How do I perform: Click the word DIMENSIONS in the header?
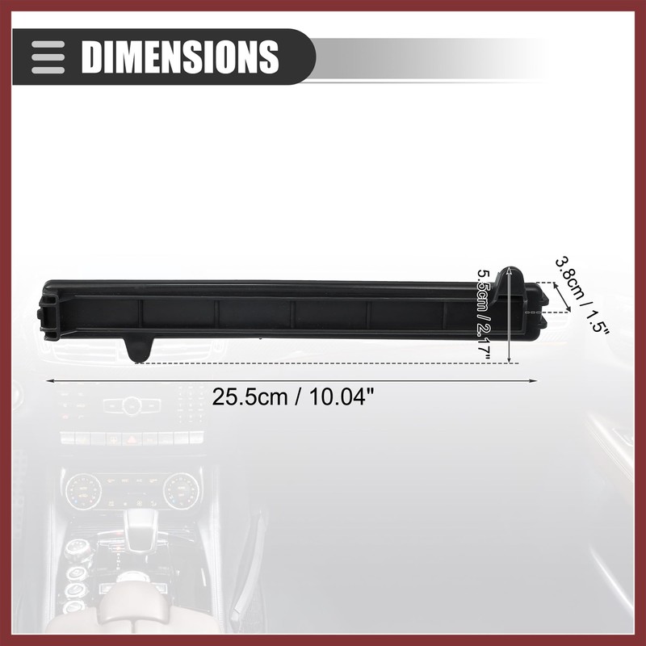pos(180,57)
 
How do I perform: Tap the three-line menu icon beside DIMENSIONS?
pos(48,57)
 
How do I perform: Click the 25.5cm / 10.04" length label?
pos(292,397)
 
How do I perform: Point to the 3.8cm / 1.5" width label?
pos(581,296)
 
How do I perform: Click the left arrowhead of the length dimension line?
pos(49,381)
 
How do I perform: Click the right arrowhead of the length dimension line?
pos(533,381)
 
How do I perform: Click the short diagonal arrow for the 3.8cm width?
pos(562,297)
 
